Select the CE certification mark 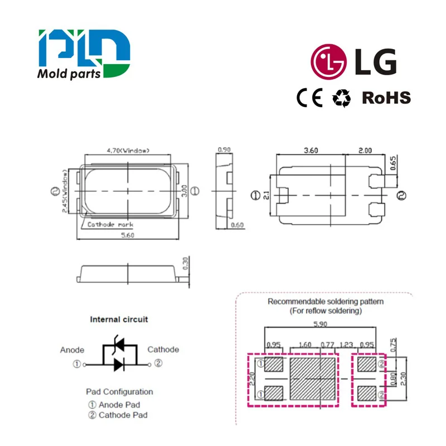[x=309, y=98]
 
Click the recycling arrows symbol [x=342, y=98]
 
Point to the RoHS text [x=386, y=98]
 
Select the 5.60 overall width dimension [x=129, y=235]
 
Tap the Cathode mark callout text [x=110, y=224]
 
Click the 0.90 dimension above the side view [x=224, y=149]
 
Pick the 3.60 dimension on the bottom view [x=311, y=149]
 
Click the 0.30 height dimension [x=186, y=262]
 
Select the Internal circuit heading [x=119, y=320]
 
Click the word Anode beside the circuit [x=72, y=350]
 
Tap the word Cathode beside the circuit [x=163, y=350]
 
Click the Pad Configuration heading [x=119, y=391]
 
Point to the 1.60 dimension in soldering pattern [x=304, y=345]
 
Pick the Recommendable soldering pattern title [x=326, y=302]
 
